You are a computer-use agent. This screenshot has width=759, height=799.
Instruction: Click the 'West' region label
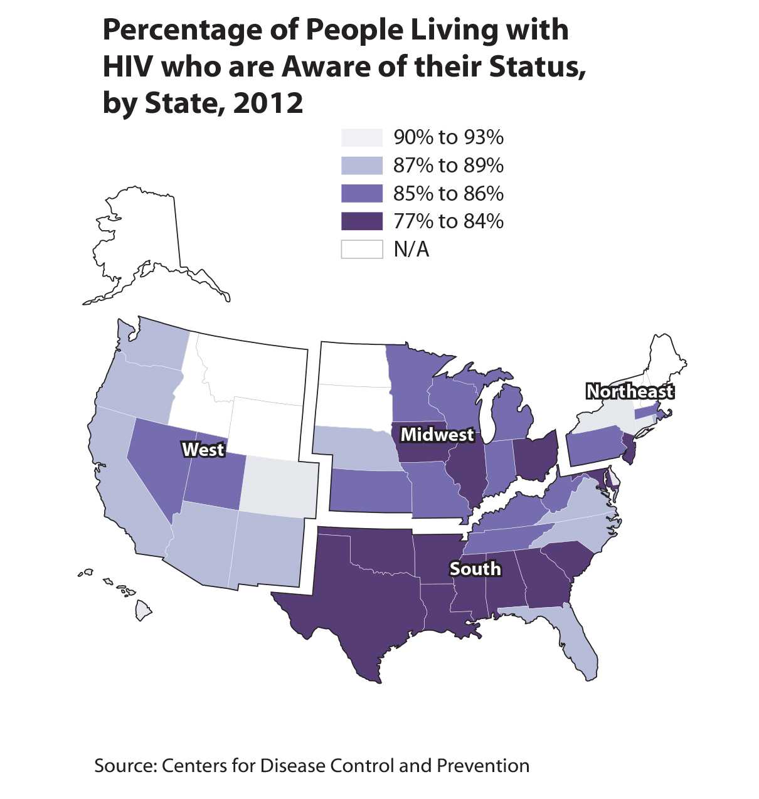pyautogui.click(x=203, y=450)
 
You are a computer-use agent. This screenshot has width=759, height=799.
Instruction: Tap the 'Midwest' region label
pyautogui.click(x=437, y=434)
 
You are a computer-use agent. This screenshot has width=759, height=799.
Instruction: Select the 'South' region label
pyautogui.click(x=475, y=569)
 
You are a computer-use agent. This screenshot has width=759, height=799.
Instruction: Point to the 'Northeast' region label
pyautogui.click(x=630, y=391)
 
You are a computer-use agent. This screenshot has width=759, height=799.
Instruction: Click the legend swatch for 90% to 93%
pyautogui.click(x=362, y=137)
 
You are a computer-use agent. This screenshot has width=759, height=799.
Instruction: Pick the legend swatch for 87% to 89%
pyautogui.click(x=362, y=166)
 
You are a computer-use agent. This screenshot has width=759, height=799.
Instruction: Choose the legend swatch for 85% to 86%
pyautogui.click(x=362, y=193)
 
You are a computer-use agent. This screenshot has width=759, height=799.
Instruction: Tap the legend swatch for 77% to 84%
pyautogui.click(x=362, y=221)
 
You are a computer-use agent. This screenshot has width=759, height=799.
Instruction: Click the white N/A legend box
pyautogui.click(x=362, y=249)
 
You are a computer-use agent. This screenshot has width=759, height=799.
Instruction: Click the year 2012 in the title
pyautogui.click(x=268, y=103)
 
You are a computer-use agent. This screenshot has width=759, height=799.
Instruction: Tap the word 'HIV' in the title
pyautogui.click(x=128, y=66)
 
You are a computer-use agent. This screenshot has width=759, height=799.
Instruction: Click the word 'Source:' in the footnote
pyautogui.click(x=125, y=766)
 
